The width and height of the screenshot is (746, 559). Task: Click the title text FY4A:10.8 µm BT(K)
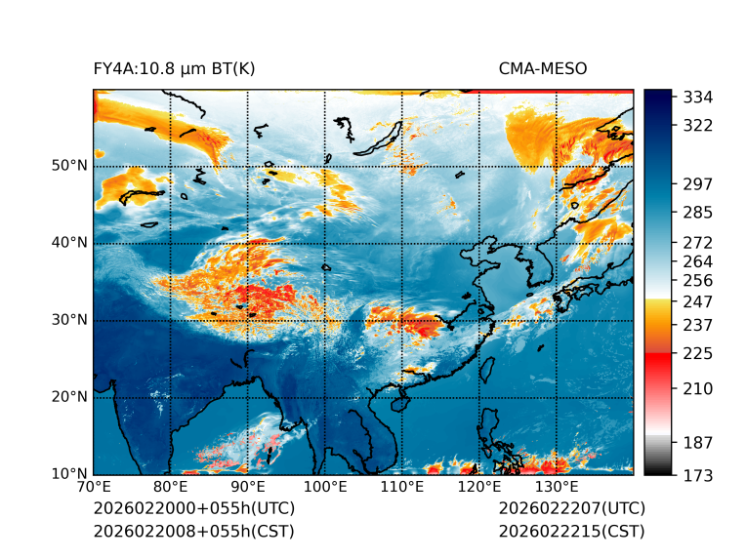(x=174, y=68)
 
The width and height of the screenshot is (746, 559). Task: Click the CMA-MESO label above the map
(x=542, y=68)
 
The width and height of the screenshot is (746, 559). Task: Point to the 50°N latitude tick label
(x=69, y=166)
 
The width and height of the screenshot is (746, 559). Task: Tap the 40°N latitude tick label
(x=69, y=243)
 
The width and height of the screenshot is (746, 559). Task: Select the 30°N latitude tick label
(x=69, y=320)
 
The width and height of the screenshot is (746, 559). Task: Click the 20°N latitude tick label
(x=69, y=397)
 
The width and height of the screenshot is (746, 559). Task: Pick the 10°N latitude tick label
(x=69, y=474)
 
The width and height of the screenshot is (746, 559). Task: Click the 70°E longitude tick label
(x=94, y=488)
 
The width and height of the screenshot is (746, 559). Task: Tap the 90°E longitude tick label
(x=248, y=488)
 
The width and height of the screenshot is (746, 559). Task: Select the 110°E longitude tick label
(x=402, y=488)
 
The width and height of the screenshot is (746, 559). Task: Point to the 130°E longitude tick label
(x=557, y=488)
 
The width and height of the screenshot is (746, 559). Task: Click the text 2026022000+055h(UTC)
(x=193, y=508)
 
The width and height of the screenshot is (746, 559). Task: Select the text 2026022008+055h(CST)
(x=193, y=531)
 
